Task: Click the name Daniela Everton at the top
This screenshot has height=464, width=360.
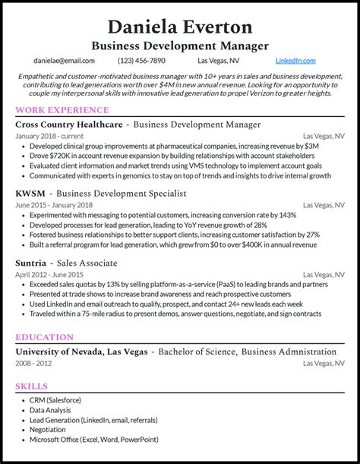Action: pyautogui.click(x=180, y=27)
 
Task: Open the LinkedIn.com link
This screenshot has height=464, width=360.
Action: pyautogui.click(x=295, y=60)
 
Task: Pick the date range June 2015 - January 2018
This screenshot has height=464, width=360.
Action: pyautogui.click(x=54, y=205)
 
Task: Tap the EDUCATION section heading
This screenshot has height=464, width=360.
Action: pyautogui.click(x=45, y=336)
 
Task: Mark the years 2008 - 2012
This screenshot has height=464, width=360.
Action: pyautogui.click(x=35, y=363)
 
